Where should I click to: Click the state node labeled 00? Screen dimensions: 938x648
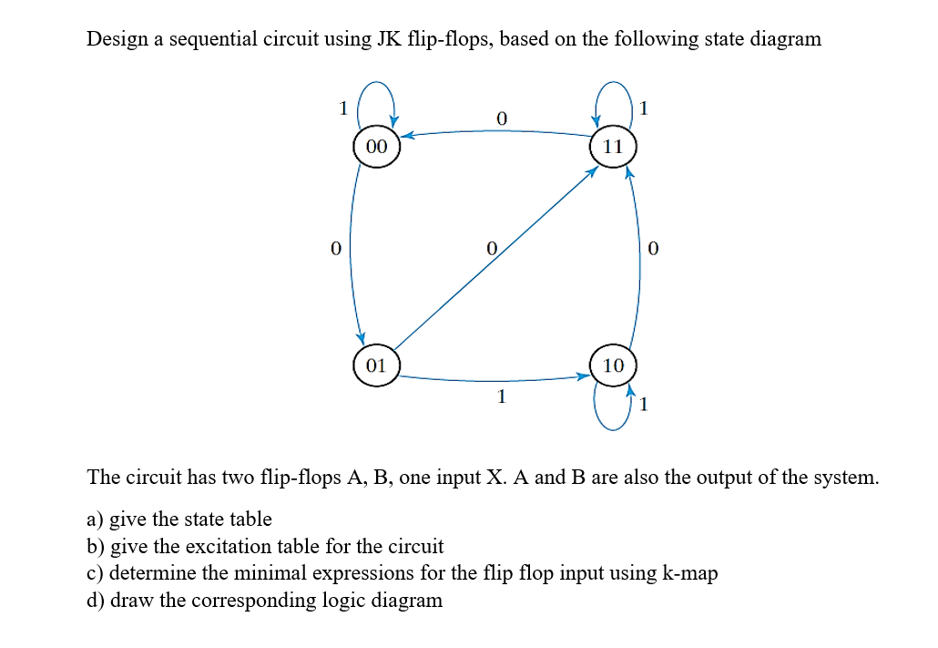coord(376,146)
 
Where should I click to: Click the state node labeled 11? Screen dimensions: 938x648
coord(613,146)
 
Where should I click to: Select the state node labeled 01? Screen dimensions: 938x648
coord(376,365)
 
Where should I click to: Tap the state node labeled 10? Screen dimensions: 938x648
coord(613,365)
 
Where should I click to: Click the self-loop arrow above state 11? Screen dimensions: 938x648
coord(613,91)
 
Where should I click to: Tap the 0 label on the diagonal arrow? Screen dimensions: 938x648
coord(491,248)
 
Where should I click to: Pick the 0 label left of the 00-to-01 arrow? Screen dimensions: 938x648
coord(336,248)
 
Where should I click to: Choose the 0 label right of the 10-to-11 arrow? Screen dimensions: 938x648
coord(652,248)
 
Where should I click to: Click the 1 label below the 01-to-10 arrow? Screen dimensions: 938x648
coord(499,397)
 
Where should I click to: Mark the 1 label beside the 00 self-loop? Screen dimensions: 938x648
coord(343,108)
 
